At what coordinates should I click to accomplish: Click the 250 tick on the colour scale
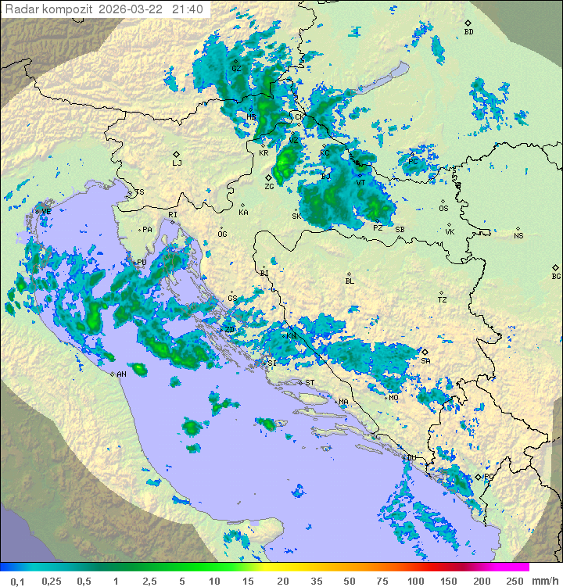[515, 581]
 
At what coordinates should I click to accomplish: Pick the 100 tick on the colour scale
[415, 581]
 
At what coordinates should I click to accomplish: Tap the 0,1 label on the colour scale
[17, 581]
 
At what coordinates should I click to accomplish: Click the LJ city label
[177, 163]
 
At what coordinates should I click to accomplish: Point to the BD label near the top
[468, 32]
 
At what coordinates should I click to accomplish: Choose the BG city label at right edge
[556, 277]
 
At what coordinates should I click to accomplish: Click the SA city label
[425, 361]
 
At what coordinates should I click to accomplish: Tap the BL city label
[350, 281]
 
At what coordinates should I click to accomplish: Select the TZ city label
[442, 300]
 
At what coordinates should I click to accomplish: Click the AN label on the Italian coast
[121, 374]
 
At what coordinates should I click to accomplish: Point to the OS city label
[443, 209]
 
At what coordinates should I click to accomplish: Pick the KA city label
[243, 213]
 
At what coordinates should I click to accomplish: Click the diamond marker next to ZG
[268, 177]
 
